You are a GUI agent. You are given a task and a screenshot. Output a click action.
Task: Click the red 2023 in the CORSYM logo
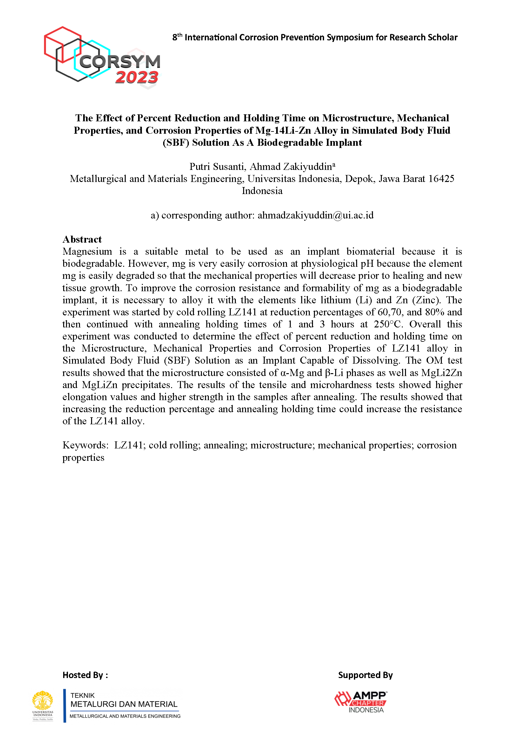(137, 77)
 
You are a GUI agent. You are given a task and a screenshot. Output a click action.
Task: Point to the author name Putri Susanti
(217, 166)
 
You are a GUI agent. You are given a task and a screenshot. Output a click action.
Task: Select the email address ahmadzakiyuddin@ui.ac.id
(315, 215)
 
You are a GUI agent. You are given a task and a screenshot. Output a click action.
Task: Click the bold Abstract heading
(82, 239)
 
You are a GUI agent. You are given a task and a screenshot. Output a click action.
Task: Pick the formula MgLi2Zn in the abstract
(441, 373)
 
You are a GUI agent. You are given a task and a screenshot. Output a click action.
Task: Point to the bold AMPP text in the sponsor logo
(369, 695)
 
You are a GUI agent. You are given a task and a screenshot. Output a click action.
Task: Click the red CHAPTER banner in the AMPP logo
(368, 703)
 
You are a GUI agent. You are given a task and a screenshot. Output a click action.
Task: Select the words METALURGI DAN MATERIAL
(124, 704)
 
